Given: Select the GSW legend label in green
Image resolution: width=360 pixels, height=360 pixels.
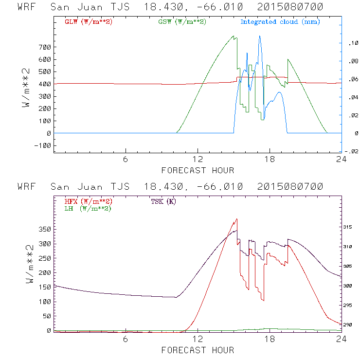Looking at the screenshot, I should tap(182, 22).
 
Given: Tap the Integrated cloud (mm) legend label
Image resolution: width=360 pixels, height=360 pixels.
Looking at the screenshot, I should tap(280, 22).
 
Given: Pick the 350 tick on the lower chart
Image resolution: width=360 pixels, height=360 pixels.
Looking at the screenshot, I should tap(45, 229).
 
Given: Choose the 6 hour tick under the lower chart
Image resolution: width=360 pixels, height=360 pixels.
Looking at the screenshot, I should tap(126, 339).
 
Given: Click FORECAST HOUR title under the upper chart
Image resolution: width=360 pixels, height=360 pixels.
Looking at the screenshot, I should tap(198, 170).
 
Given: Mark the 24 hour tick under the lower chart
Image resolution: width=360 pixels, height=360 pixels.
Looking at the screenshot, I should tap(342, 339).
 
